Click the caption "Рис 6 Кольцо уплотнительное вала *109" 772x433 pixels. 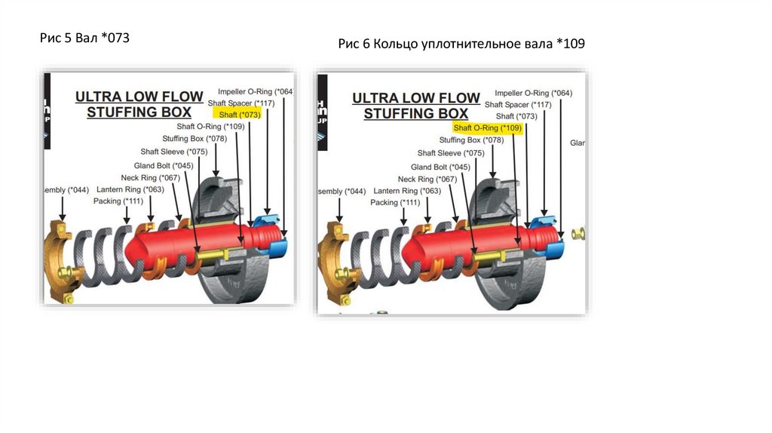pyautogui.click(x=461, y=45)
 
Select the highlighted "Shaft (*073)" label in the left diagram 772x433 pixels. pyautogui.click(x=237, y=114)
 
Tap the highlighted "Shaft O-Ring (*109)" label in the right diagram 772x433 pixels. pyautogui.click(x=487, y=128)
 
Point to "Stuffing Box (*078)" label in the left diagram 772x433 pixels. pyautogui.click(x=194, y=139)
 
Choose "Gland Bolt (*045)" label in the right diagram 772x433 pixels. pyautogui.click(x=440, y=167)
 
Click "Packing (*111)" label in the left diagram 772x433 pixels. pyautogui.click(x=118, y=201)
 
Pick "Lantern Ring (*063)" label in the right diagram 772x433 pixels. pyautogui.click(x=407, y=191)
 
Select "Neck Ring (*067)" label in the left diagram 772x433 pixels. pyautogui.click(x=150, y=178)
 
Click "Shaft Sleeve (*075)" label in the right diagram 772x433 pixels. pyautogui.click(x=451, y=153)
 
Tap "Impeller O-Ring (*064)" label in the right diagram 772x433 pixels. pyautogui.click(x=533, y=93)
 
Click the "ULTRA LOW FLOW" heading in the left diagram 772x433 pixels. pyautogui.click(x=139, y=97)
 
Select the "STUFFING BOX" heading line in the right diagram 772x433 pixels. pyautogui.click(x=415, y=114)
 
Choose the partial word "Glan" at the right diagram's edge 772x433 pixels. pyautogui.click(x=577, y=143)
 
